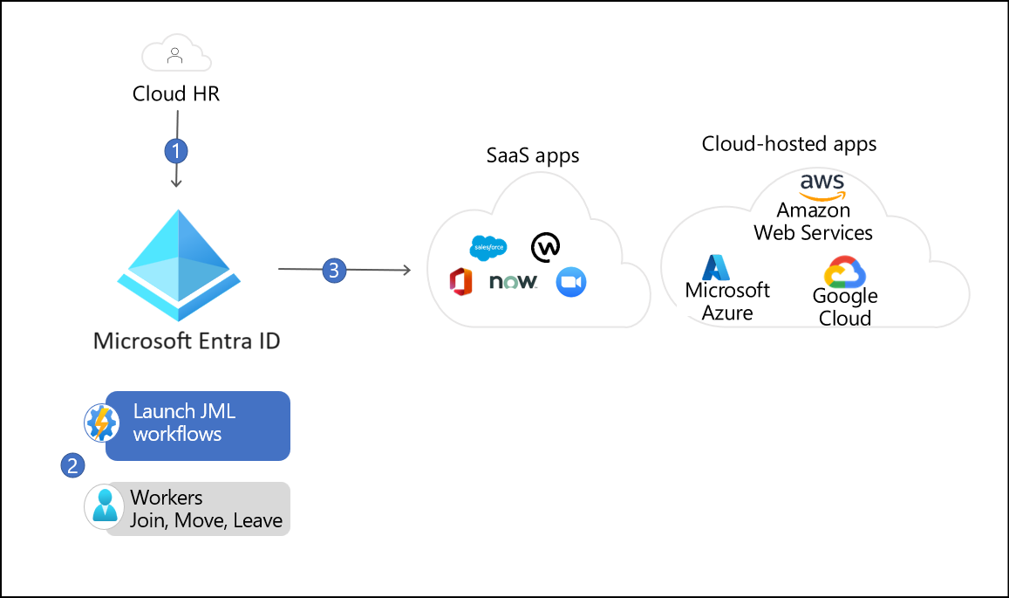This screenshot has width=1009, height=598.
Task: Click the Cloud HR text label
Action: pos(176,93)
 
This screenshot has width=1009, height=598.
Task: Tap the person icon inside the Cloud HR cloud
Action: pos(176,57)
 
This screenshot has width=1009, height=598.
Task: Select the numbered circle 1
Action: pos(177,151)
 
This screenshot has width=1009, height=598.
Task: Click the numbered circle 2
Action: pos(72,465)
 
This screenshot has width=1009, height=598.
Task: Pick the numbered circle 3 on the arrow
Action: pos(335,271)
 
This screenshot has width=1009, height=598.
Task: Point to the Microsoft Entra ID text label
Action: pos(187,340)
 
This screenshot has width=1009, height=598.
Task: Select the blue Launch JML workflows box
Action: pos(197,425)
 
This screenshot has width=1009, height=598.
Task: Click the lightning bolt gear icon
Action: pos(101,423)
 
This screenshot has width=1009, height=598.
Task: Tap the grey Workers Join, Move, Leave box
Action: pos(197,509)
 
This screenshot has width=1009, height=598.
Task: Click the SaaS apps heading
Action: pos(533,155)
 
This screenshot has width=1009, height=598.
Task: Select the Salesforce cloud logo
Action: pos(487,249)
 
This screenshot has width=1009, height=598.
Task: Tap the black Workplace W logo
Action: pos(546,247)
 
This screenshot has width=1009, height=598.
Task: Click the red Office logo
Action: pos(460,282)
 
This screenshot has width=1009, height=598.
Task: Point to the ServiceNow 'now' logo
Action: pos(513,282)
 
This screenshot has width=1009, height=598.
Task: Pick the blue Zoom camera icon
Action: pos(571,282)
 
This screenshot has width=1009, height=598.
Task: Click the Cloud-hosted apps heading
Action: pos(789,143)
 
